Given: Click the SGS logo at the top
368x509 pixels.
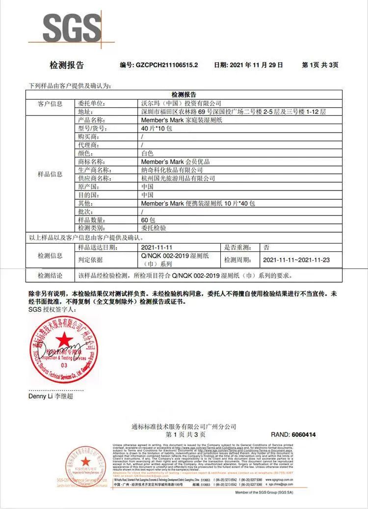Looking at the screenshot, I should (72, 28).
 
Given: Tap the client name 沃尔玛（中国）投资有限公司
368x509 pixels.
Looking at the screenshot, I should (181, 104).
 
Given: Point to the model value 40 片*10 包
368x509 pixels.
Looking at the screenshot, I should (157, 128).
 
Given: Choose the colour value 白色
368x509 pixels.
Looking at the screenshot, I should (147, 153).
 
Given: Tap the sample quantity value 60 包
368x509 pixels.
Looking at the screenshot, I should (148, 220).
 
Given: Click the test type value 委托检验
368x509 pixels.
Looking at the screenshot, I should (154, 228).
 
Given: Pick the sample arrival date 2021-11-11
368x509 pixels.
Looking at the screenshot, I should (157, 247).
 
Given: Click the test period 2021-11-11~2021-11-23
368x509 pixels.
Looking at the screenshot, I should (296, 260).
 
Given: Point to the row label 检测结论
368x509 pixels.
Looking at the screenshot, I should (50, 275).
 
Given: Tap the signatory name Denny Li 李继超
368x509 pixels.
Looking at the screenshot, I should (51, 396).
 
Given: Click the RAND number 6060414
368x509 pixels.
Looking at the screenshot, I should (304, 435).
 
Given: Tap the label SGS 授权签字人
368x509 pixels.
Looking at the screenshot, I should (52, 310).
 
